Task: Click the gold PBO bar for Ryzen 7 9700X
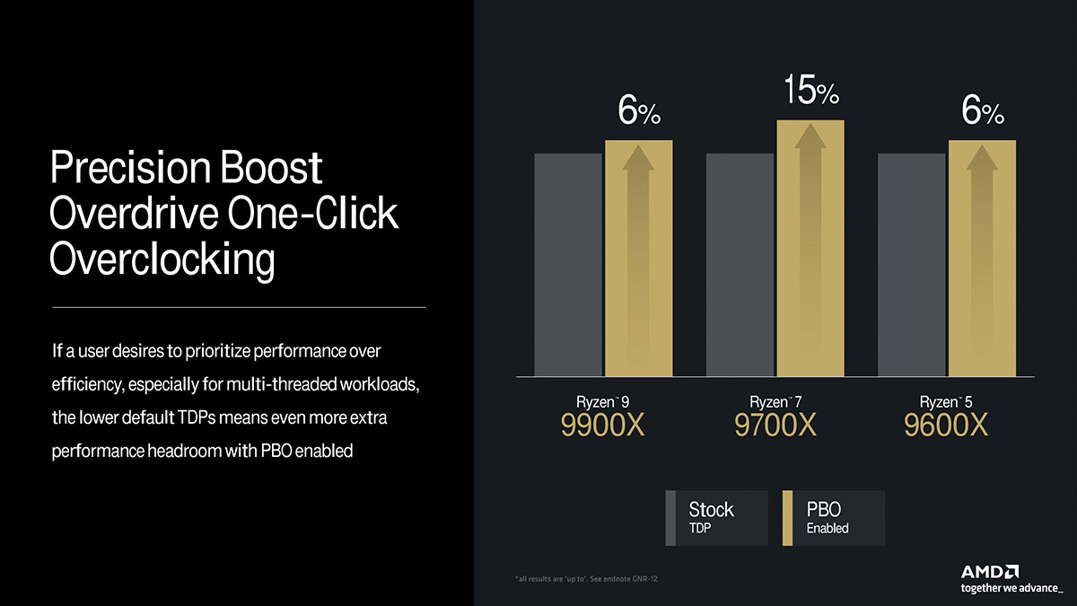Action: tap(810, 248)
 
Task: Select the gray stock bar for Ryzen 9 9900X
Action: tap(568, 265)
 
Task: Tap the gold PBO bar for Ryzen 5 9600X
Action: tap(982, 258)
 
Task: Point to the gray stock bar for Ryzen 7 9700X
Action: tap(740, 265)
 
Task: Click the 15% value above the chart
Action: tap(811, 90)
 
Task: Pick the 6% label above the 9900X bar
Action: tap(639, 110)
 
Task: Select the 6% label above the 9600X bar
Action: tap(983, 110)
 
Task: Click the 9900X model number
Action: tap(602, 425)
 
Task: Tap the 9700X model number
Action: tap(775, 425)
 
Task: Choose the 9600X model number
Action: tap(946, 425)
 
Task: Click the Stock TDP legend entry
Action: tap(716, 518)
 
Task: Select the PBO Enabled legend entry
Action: tap(834, 518)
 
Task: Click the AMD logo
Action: tap(989, 572)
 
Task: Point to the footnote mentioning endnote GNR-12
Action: tap(586, 578)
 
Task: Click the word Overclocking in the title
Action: tap(162, 259)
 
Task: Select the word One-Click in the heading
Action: tap(312, 213)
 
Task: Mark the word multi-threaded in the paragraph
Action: tap(281, 384)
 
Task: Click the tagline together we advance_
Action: tap(1011, 588)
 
